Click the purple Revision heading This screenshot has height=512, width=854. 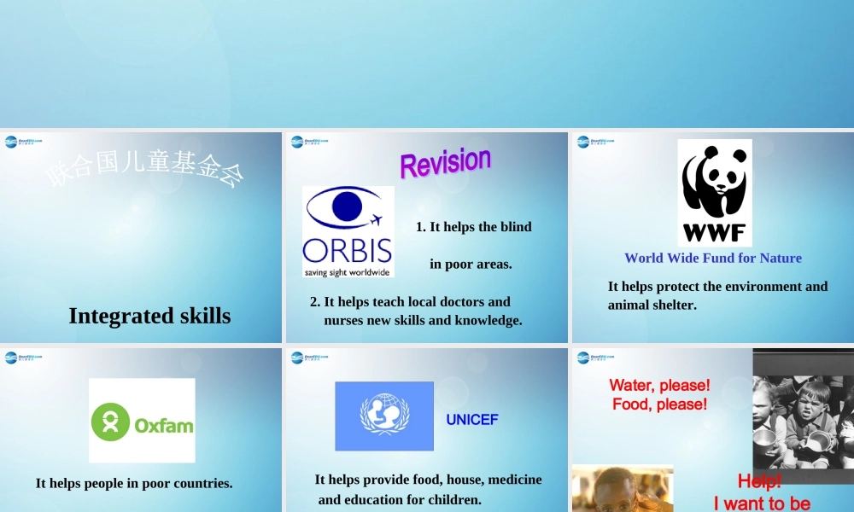(445, 162)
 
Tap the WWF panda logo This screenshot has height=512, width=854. (715, 193)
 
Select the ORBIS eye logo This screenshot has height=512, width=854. (348, 231)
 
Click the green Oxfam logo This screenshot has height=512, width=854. (142, 421)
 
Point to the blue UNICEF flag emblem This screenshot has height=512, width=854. (384, 416)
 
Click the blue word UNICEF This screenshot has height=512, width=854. (471, 420)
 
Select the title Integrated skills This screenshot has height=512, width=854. (149, 316)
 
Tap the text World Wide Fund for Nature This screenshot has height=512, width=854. (713, 258)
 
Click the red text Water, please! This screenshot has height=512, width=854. (659, 386)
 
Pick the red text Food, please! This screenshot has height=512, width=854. (659, 404)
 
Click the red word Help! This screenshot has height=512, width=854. (759, 481)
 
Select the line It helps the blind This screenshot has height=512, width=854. (473, 227)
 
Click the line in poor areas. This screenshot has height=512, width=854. (471, 265)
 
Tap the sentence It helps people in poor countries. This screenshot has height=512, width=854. (134, 483)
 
